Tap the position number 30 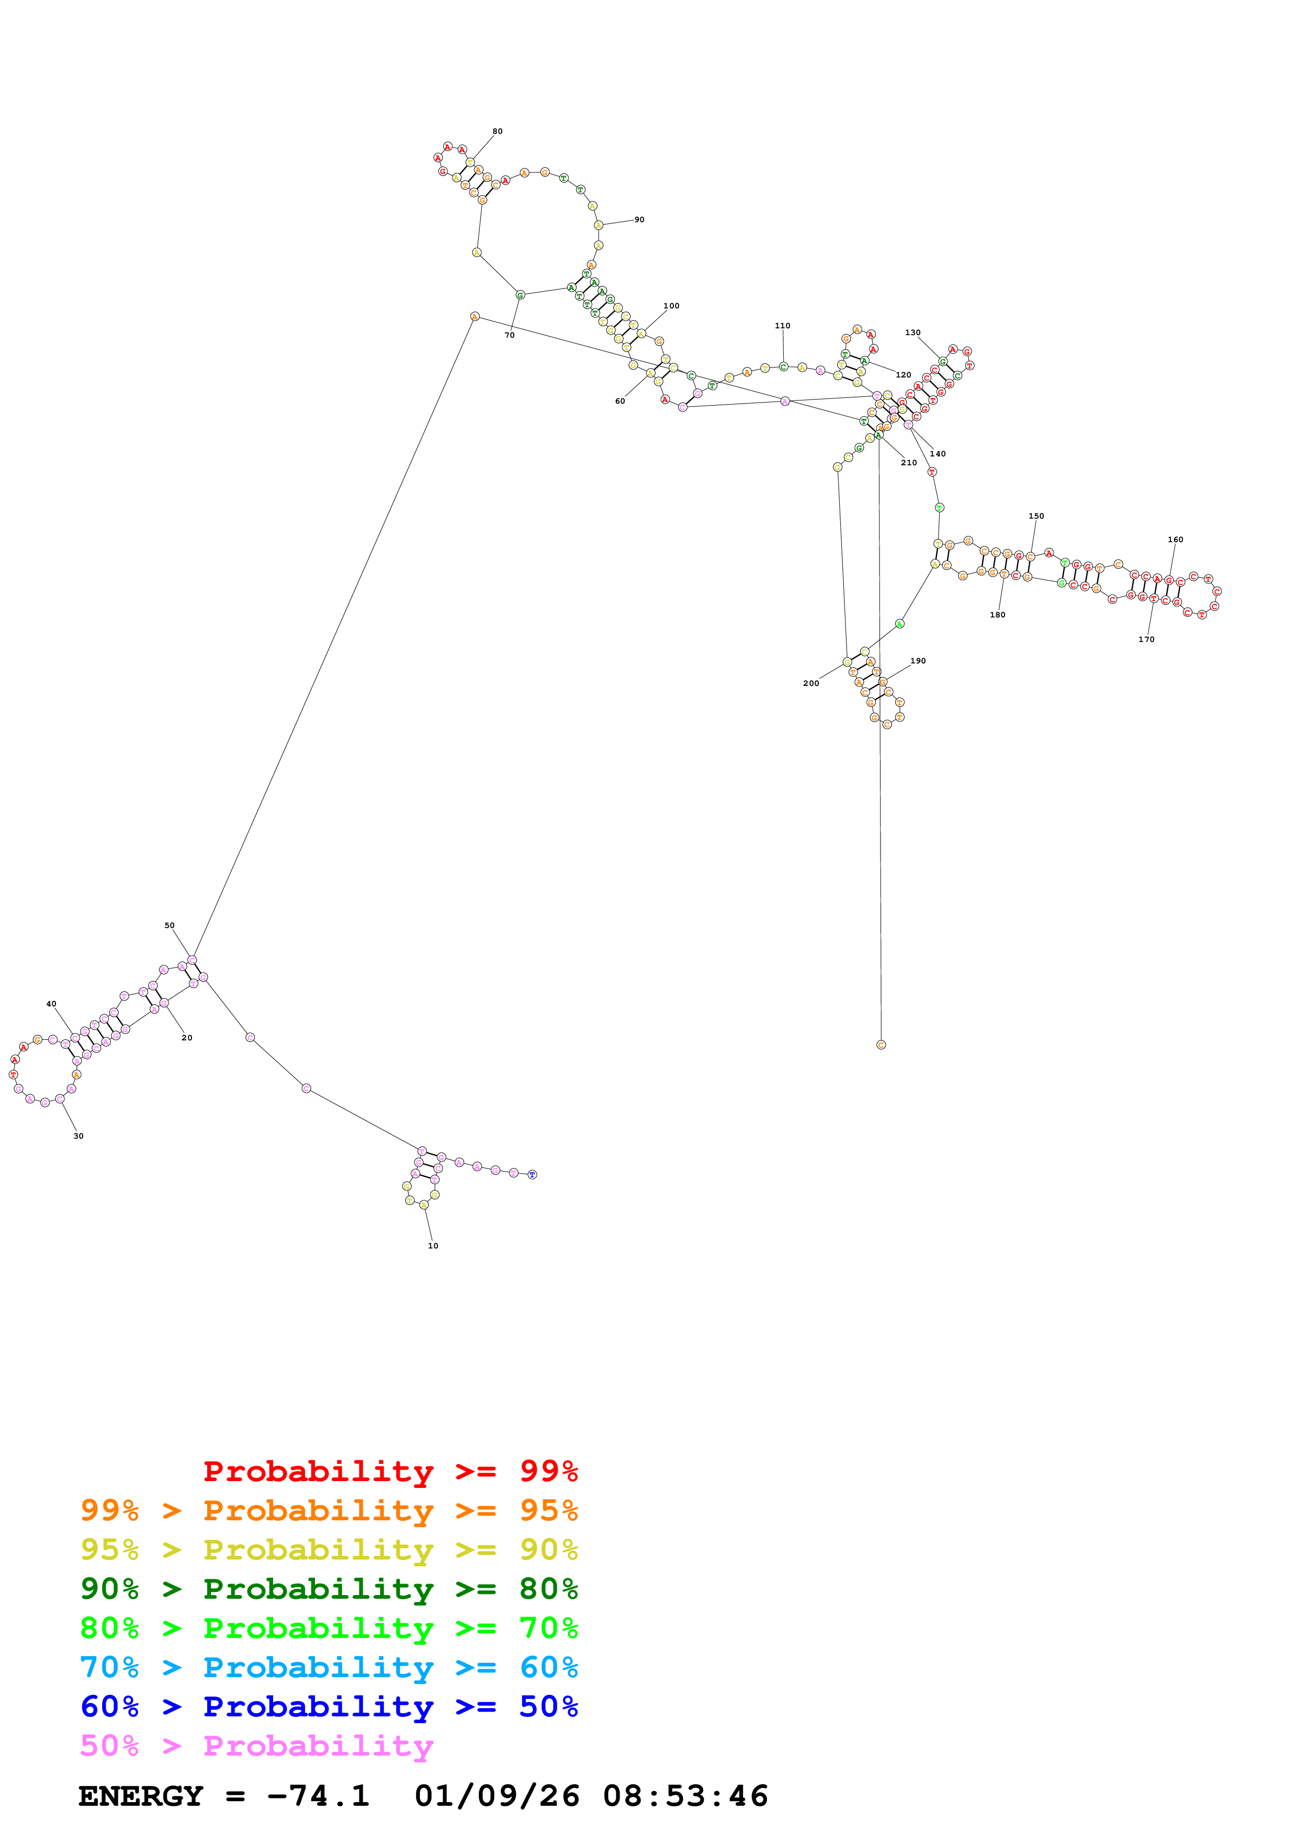click(78, 1136)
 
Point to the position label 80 click(497, 131)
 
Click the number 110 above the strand click(782, 326)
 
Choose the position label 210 click(909, 463)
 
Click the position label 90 click(639, 220)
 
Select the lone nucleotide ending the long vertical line click(881, 1045)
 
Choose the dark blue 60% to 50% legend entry click(329, 1706)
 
